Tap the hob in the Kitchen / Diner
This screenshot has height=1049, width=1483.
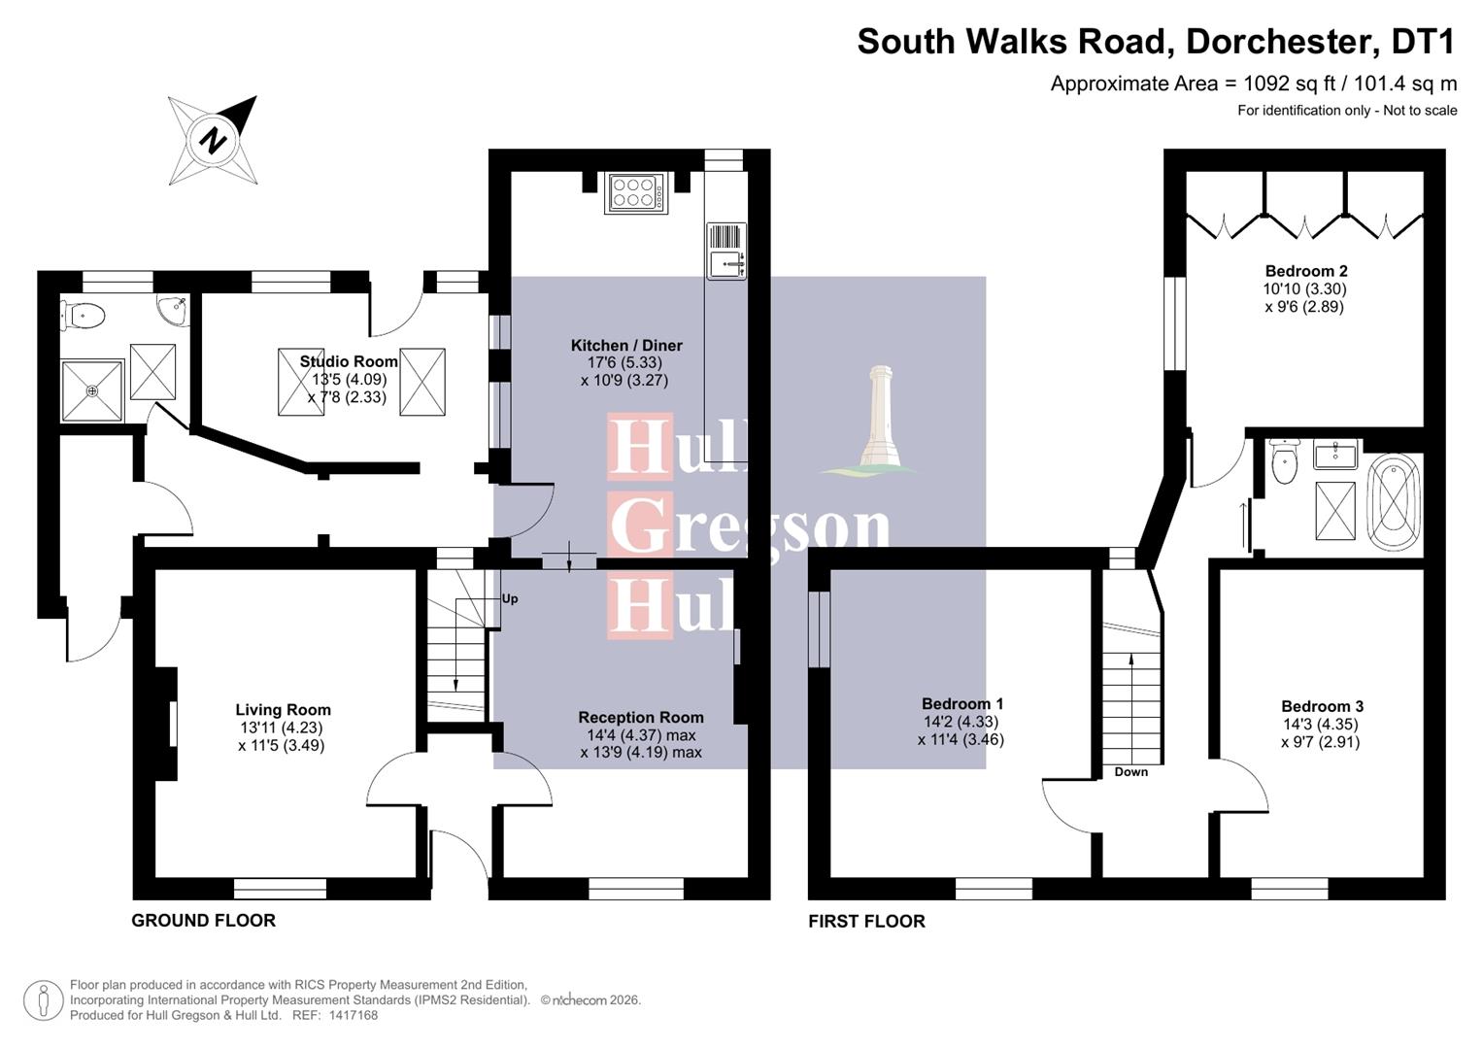coord(636,192)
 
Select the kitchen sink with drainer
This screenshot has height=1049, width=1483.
coord(725,251)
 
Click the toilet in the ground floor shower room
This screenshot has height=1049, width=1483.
coord(85,315)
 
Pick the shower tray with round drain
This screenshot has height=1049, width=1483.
coord(92,390)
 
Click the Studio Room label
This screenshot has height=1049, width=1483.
coord(349,361)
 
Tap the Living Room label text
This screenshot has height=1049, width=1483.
coord(283,710)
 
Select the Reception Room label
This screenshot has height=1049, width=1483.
coord(640,717)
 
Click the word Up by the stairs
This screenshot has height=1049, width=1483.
coord(510,598)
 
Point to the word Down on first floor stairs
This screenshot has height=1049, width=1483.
coord(1130,772)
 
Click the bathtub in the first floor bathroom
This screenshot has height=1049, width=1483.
coord(1394,503)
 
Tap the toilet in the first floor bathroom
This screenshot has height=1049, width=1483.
coord(1285,462)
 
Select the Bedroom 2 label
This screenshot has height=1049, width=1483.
coord(1305,271)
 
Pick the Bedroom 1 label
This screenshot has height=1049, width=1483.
coord(961,703)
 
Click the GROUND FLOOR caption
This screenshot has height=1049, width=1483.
coord(203,920)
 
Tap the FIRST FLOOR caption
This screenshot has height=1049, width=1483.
coord(866,921)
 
